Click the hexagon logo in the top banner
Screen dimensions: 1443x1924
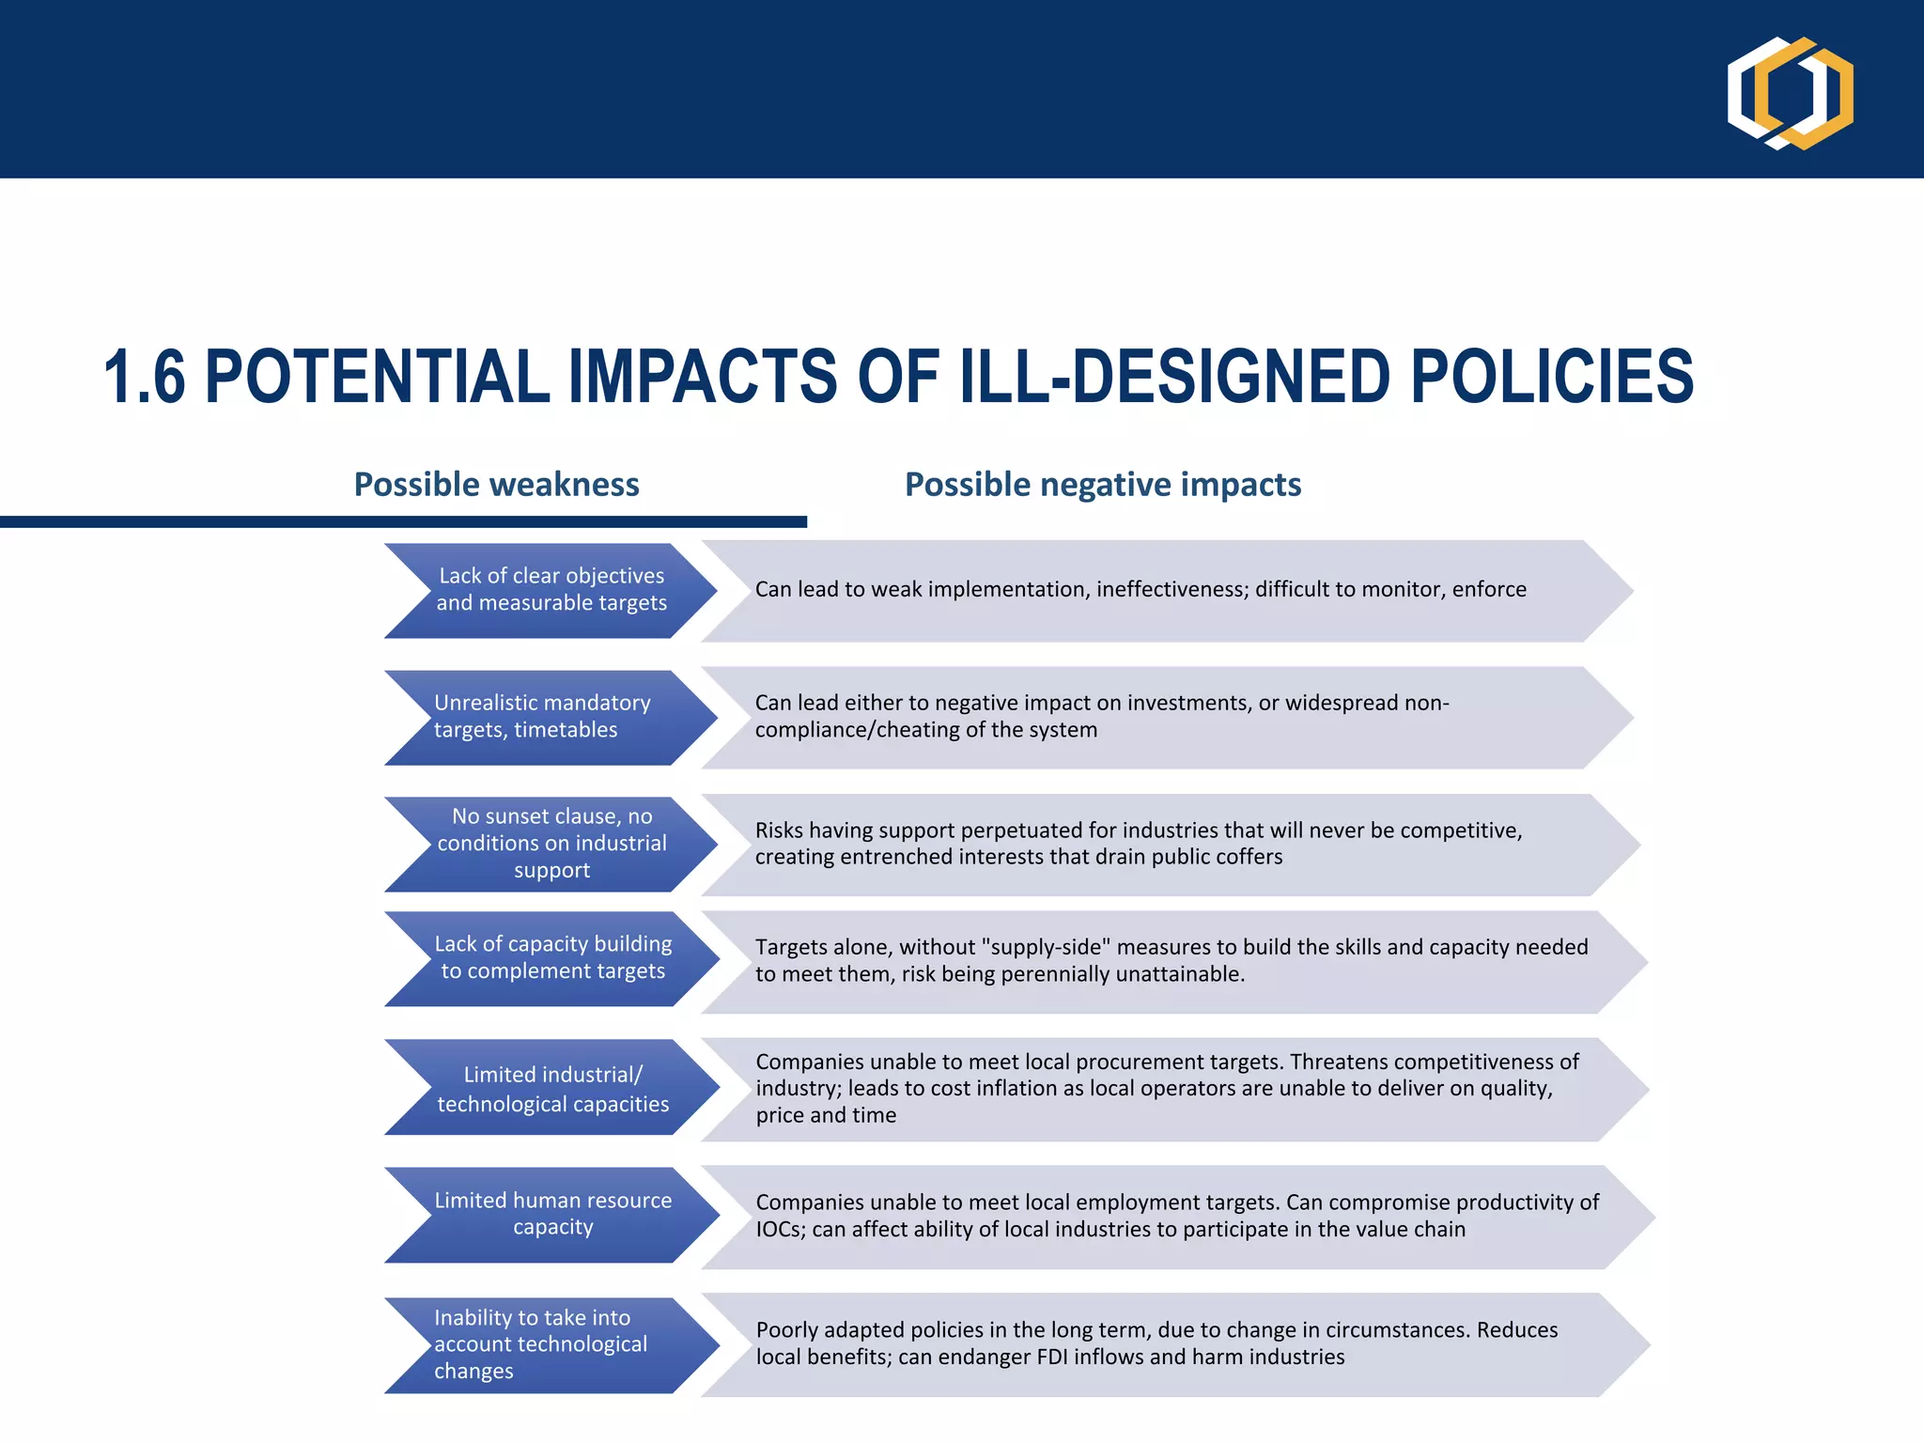point(1790,92)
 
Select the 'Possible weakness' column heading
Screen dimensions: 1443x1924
point(496,485)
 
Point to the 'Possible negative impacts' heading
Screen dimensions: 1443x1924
point(1102,485)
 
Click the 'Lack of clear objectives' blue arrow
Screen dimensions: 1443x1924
point(551,590)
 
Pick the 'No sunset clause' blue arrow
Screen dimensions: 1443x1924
point(551,844)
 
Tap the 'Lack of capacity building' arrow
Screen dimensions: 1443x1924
point(552,958)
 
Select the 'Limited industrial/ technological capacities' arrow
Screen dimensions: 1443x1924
point(552,1088)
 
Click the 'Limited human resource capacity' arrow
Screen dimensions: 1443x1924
point(552,1214)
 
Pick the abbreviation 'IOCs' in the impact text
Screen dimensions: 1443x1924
point(780,1230)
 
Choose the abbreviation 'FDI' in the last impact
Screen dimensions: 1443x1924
point(1052,1358)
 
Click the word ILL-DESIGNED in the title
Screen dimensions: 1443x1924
point(1173,378)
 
